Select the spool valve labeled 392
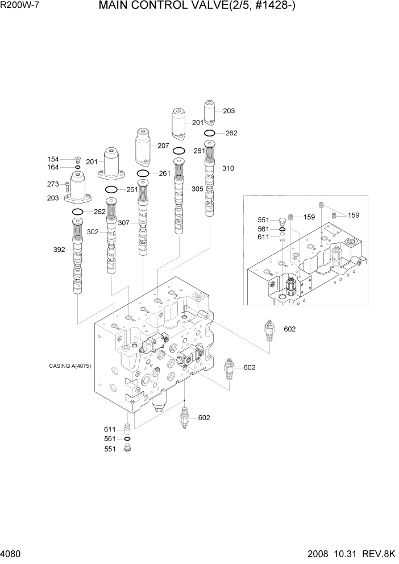pyautogui.click(x=77, y=259)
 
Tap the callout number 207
pyautogui.click(x=164, y=146)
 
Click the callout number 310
pyautogui.click(x=228, y=168)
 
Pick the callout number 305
pyautogui.click(x=197, y=189)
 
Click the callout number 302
pyautogui.click(x=93, y=232)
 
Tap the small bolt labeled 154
pyautogui.click(x=78, y=159)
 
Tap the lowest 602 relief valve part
pyautogui.click(x=184, y=419)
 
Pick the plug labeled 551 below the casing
pyautogui.click(x=127, y=449)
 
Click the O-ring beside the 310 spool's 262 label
pyautogui.click(x=210, y=133)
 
